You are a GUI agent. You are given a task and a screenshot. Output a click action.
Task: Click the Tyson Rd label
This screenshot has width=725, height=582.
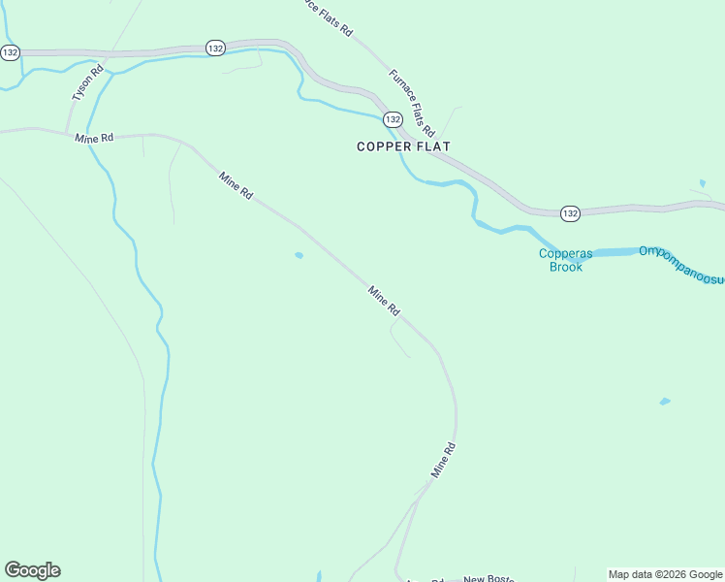tap(86, 83)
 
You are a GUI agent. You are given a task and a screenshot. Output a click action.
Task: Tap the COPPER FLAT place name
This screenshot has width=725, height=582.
tap(403, 146)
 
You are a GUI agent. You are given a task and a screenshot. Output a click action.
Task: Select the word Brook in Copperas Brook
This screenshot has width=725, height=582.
tap(567, 266)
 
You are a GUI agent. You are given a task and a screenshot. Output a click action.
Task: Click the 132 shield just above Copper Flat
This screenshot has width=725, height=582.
tap(392, 118)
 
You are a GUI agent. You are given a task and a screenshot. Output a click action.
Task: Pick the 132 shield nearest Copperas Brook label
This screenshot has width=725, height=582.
tap(569, 212)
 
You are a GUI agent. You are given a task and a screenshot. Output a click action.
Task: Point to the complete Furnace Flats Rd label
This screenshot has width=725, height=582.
tap(412, 103)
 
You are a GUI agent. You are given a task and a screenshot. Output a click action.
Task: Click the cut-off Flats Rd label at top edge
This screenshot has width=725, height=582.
tap(326, 18)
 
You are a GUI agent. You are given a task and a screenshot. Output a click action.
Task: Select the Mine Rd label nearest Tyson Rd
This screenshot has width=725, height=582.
tap(94, 139)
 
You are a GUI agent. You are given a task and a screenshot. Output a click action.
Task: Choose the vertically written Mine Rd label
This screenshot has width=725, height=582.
tap(443, 460)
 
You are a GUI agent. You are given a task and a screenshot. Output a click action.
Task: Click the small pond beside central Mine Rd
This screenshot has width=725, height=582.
tap(299, 256)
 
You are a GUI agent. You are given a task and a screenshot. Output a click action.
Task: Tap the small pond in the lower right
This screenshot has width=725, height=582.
tap(664, 401)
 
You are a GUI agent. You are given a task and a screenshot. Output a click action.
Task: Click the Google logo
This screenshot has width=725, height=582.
tap(32, 570)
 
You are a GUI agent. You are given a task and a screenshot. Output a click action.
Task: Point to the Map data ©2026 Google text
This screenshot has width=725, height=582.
tap(666, 574)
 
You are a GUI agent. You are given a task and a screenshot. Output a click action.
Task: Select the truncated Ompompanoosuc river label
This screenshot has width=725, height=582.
tap(680, 266)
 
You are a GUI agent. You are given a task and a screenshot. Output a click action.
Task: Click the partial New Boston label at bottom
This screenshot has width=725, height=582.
tap(489, 578)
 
